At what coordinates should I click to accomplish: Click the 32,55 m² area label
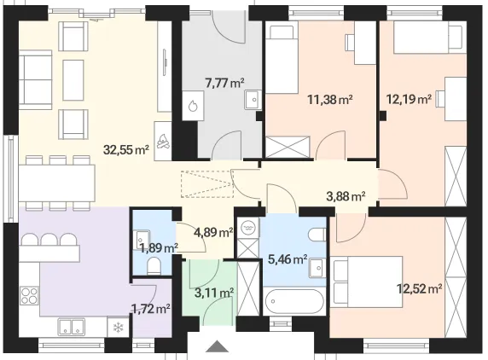pos(126,150)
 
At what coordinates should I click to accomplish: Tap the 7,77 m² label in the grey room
pos(224,83)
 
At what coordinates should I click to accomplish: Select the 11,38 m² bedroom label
pos(330,100)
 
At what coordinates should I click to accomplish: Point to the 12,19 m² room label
pos(409,100)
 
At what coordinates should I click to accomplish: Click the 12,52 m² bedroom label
pos(419,289)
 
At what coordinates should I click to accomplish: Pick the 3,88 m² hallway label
pos(346,196)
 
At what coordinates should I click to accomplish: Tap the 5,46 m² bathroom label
pos(288,258)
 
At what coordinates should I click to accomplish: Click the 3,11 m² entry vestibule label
pos(214,293)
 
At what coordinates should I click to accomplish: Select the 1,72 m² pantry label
pos(151,309)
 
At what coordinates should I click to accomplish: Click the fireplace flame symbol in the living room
pos(163,142)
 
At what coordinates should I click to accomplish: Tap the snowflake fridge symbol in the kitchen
pos(118,327)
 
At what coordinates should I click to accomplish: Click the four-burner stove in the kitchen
pos(30,296)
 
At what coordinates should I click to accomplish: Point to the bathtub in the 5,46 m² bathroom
pos(294,301)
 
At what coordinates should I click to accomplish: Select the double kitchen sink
pos(72,327)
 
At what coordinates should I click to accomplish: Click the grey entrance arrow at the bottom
pos(218,346)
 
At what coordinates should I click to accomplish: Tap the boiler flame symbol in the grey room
pos(193,106)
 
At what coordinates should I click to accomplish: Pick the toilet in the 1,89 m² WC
pos(154,265)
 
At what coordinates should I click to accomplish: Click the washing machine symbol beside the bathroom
pos(248,227)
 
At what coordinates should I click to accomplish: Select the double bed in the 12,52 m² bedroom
pos(367,282)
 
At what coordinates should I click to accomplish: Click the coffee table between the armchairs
pos(73,80)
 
